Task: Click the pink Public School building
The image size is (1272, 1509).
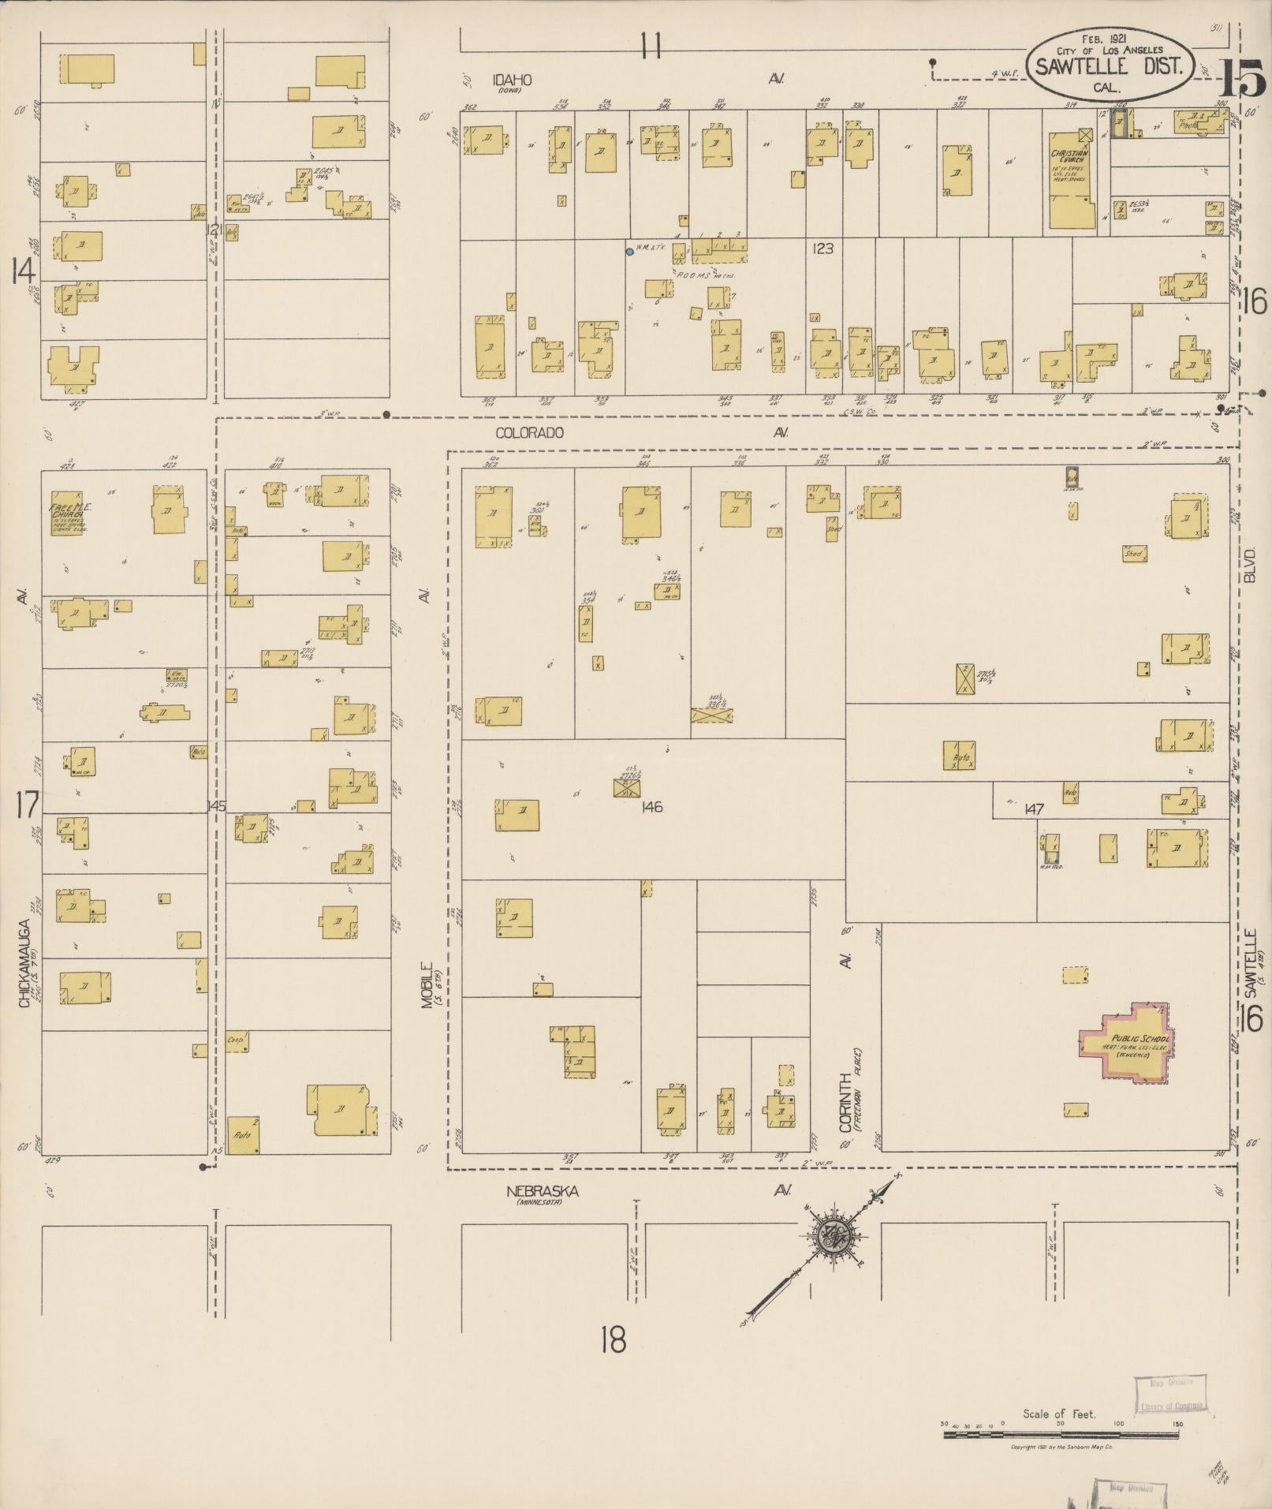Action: [x=1125, y=1042]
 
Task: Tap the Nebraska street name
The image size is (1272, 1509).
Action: [x=542, y=1191]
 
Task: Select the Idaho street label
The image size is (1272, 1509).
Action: [x=512, y=80]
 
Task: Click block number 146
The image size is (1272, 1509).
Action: [x=651, y=807]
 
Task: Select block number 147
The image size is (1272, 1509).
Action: [x=1035, y=809]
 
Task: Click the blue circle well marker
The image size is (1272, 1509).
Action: [x=629, y=252]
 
